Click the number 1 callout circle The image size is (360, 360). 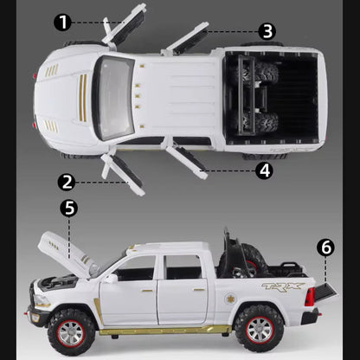[x=61, y=22]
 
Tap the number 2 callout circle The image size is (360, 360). [x=67, y=181]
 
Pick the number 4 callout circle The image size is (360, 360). [x=265, y=170]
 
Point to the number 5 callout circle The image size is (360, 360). [x=68, y=208]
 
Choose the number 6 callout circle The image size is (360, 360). [x=325, y=247]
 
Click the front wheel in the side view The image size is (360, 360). [x=66, y=328]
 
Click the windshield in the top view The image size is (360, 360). [x=112, y=97]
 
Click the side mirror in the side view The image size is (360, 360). [x=111, y=278]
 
